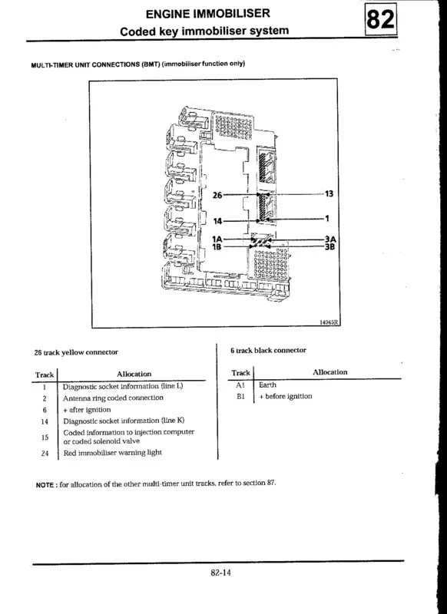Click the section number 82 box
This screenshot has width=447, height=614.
point(381,18)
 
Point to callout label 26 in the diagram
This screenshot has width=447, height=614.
point(217,195)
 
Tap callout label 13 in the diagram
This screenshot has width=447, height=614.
point(329,194)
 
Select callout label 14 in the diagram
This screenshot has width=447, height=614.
point(217,221)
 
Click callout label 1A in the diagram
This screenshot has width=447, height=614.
point(217,239)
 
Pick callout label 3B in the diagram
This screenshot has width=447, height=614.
point(329,246)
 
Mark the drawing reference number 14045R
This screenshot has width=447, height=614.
point(329,322)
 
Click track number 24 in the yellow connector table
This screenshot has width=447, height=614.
point(45,454)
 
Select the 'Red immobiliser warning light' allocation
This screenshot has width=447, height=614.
point(112,453)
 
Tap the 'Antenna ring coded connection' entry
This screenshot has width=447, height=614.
point(113,398)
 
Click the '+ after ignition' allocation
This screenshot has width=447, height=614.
point(87,410)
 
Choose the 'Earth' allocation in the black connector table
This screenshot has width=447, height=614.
point(267,385)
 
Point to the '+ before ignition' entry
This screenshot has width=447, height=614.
point(286,396)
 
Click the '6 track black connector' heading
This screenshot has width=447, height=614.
point(268,350)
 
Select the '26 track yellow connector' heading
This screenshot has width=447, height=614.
point(76,352)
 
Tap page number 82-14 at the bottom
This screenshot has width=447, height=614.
point(221,573)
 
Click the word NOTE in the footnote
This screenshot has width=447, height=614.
point(45,485)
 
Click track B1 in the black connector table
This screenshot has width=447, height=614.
point(240,397)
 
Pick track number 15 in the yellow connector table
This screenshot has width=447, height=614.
point(45,437)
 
